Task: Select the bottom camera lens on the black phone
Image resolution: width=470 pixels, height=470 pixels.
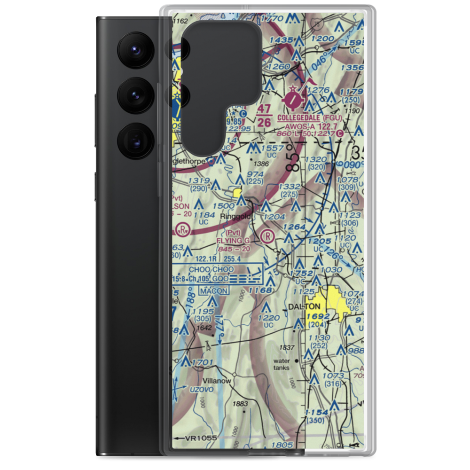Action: coord(133,140)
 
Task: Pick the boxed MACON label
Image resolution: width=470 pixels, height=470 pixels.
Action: coord(213,291)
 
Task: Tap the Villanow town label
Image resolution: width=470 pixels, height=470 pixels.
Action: coord(217,381)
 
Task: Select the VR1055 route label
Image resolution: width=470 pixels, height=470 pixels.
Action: coord(201,439)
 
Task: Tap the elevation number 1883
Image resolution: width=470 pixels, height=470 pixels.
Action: coord(239,404)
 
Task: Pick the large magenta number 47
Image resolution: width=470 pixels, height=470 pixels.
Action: coord(265,109)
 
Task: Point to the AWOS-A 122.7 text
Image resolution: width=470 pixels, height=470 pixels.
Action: coord(313,126)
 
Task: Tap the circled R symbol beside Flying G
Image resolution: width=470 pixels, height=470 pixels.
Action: coord(267,236)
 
